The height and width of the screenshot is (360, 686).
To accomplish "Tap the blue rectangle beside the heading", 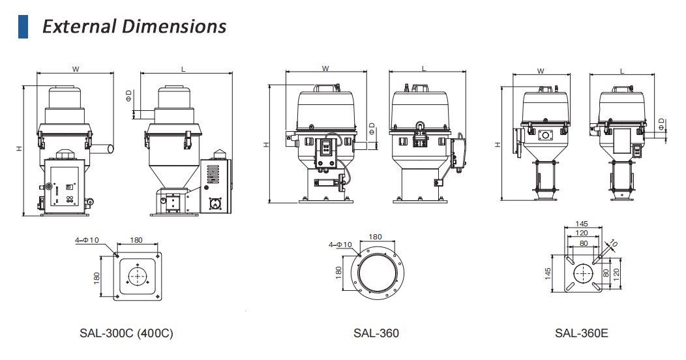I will pos(23,26).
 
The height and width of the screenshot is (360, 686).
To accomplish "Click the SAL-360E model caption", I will pos(581,333).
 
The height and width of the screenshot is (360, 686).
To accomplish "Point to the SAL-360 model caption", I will pos(376,333).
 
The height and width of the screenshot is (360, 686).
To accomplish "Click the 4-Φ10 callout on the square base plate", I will pos(87,240).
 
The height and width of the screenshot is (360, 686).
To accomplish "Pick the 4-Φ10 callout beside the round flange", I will pos(340,245).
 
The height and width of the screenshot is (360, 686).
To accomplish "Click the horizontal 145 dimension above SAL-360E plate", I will pos(582,224).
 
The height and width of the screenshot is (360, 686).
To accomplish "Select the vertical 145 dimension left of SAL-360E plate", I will pos(548,272).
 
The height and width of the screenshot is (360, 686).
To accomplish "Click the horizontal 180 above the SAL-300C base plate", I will pos(136,240).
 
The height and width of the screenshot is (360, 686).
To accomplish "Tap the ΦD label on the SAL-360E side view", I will pos(661,123).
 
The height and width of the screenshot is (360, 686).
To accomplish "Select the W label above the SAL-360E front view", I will pos(541,71).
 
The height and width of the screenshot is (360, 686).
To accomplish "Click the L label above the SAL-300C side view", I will pos(183,68).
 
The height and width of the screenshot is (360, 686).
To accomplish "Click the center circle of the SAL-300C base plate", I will pos(137,276).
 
